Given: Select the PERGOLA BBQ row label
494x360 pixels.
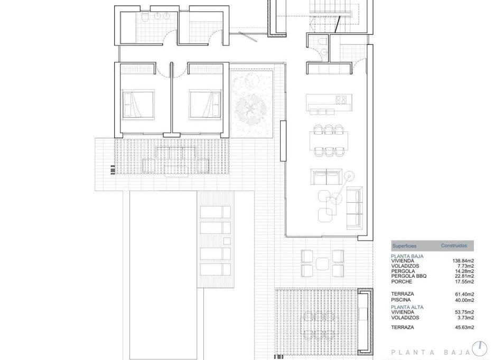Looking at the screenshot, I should [409, 276].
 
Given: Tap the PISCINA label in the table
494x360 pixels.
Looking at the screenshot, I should [401, 299].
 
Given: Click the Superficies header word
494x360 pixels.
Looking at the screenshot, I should [405, 246].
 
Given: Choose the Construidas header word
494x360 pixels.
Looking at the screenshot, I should [454, 246].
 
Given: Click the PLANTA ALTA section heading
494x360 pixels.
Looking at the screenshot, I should [407, 307].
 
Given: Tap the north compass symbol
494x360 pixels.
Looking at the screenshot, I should [480, 347].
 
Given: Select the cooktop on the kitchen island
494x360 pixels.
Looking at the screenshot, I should [341, 99].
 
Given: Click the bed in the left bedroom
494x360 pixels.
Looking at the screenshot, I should [138, 105].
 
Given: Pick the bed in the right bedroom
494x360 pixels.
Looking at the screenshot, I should [205, 105].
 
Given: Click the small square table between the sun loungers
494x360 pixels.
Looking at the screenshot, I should [227, 241].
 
